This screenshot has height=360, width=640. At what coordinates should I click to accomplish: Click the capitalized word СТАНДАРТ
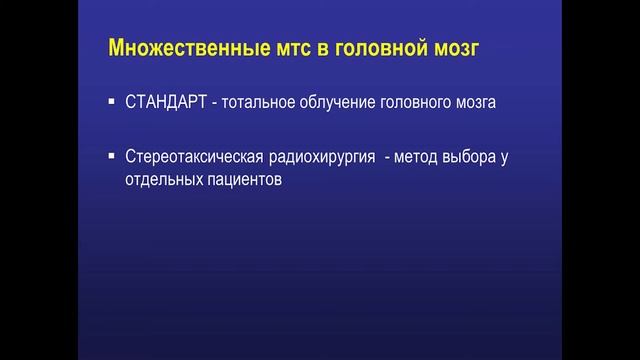tap(165, 102)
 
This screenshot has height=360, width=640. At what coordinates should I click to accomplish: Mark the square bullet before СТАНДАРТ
tap(112, 102)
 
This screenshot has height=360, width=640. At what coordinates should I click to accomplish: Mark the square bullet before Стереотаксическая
tap(112, 156)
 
